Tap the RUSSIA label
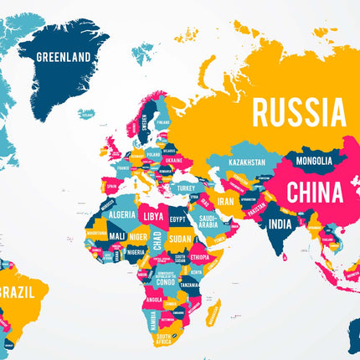coord(299,111)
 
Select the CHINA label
coord(314,192)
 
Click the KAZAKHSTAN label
coord(247,162)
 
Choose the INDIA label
coord(280,224)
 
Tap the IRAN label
coord(226,201)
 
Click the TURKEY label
coord(185,188)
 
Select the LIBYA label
coord(152,216)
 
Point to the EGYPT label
coord(177,219)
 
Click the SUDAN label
coord(180,238)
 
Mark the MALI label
coord(116,236)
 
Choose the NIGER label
coord(137,236)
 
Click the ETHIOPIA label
coord(199,257)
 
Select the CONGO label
coord(166,282)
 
